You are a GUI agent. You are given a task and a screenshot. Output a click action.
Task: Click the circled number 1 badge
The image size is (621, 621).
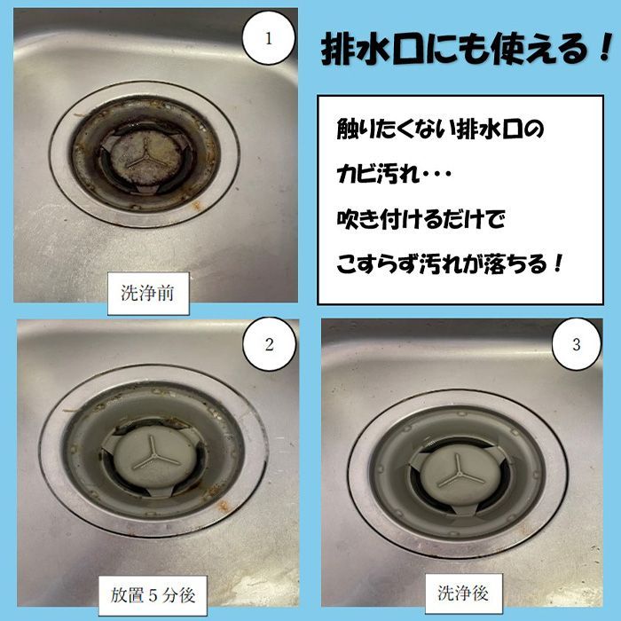pos(268,37)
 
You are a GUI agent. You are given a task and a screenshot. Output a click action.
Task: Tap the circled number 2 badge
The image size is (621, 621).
pos(269,345)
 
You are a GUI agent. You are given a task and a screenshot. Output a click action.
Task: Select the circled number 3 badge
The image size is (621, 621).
pos(576,344)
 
